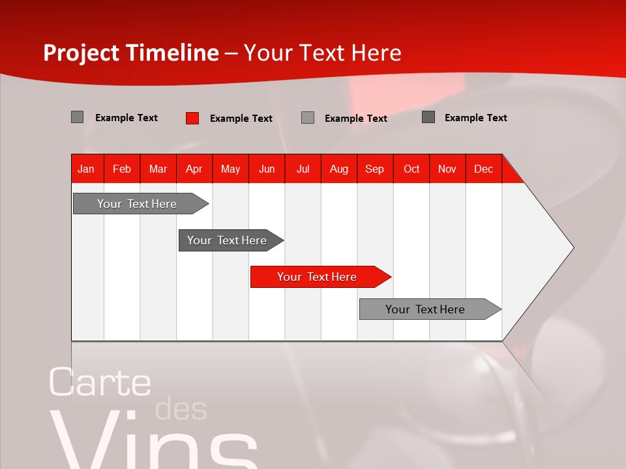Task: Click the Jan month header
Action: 86,169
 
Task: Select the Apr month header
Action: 194,169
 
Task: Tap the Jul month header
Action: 303,169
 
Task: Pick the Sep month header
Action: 374,169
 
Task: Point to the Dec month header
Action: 483,169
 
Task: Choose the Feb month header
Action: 122,169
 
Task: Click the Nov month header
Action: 447,169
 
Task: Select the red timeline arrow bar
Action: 320,277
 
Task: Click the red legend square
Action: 192,118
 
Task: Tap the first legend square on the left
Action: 77,117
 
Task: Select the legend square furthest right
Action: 428,117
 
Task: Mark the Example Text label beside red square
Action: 241,119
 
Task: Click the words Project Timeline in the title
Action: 130,53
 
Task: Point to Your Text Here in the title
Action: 322,53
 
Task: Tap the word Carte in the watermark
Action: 100,382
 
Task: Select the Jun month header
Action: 266,169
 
